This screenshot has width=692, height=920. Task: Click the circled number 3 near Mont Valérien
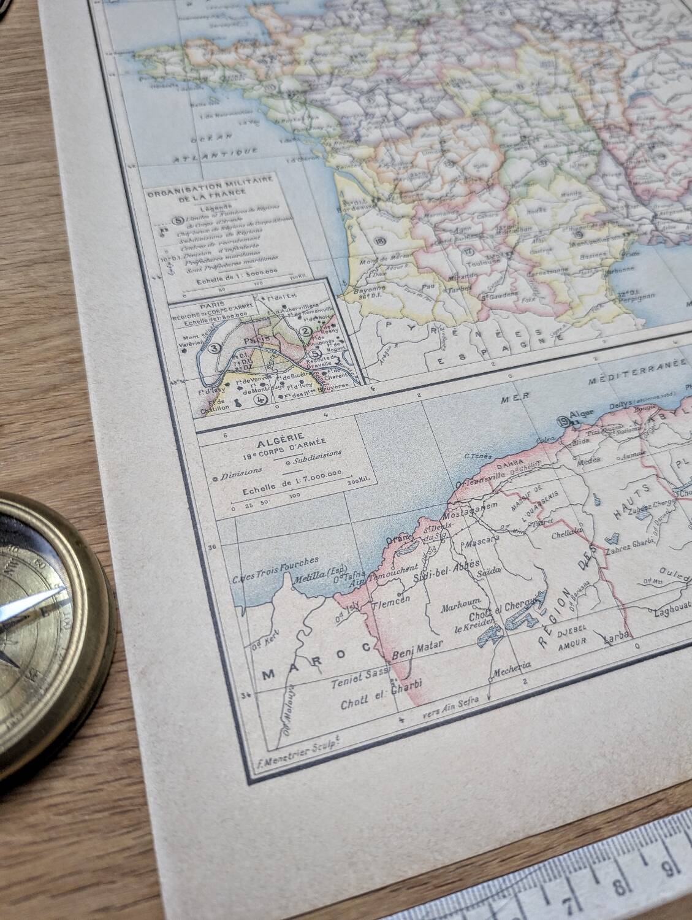(x=215, y=348)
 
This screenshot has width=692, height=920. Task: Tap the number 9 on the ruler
(x=673, y=868)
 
